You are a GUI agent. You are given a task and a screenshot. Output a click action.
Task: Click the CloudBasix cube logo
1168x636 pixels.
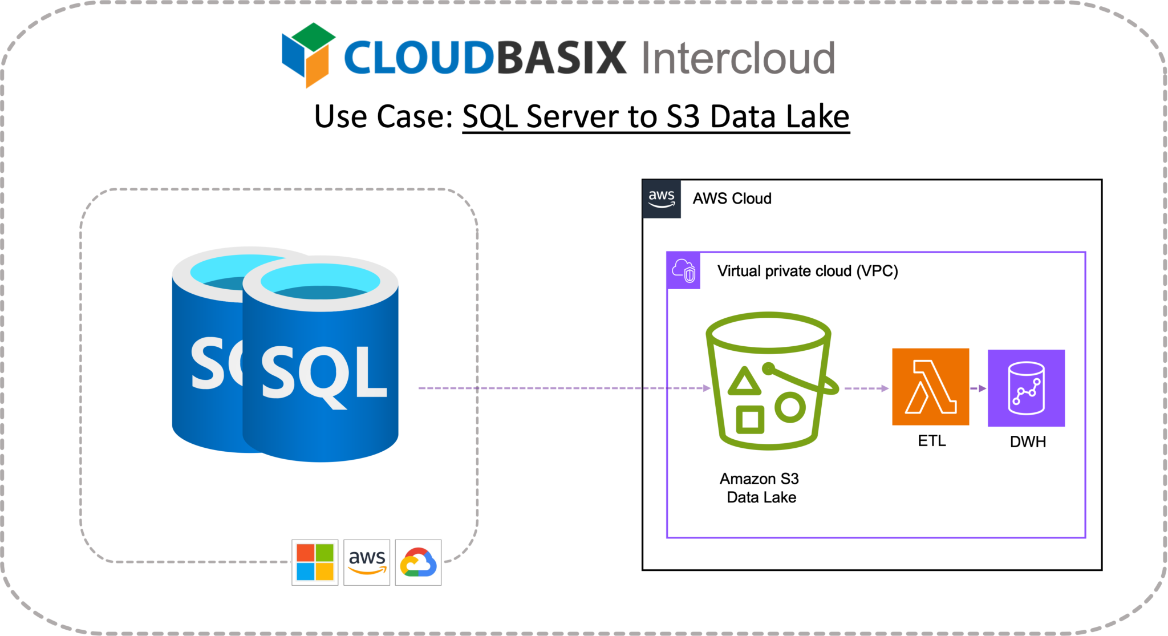click(x=305, y=55)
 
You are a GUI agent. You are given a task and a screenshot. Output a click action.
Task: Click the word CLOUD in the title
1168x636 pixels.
click(x=418, y=58)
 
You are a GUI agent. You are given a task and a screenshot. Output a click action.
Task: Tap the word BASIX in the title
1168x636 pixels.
click(x=562, y=58)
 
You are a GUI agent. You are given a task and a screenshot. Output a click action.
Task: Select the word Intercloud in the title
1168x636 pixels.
click(x=739, y=58)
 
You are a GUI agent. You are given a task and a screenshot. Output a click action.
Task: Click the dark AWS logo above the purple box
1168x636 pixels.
click(x=662, y=199)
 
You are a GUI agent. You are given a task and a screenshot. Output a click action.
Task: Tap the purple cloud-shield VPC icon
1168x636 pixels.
click(x=684, y=270)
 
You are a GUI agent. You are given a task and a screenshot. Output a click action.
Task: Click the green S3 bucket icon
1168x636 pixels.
click(x=769, y=380)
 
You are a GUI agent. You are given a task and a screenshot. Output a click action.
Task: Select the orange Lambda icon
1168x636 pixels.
click(x=930, y=387)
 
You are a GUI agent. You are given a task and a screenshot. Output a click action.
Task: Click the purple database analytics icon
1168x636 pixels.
click(x=1026, y=388)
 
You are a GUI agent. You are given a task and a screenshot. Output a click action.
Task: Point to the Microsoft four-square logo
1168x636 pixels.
click(x=315, y=562)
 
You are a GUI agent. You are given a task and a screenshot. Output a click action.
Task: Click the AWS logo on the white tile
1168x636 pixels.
click(x=367, y=562)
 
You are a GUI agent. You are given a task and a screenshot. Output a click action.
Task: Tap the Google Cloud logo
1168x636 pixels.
click(x=419, y=562)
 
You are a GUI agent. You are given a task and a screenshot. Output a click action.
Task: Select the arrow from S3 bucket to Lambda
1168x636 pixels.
click(x=866, y=388)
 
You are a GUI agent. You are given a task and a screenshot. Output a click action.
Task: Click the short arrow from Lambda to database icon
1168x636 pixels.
click(x=978, y=388)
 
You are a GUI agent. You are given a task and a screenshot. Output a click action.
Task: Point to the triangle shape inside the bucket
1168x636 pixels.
click(x=744, y=381)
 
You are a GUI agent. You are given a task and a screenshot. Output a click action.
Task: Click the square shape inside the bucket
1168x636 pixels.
click(x=749, y=420)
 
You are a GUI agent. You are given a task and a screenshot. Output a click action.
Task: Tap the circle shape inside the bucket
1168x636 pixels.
click(x=790, y=407)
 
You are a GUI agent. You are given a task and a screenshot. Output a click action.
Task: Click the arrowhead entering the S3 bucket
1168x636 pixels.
click(x=707, y=388)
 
